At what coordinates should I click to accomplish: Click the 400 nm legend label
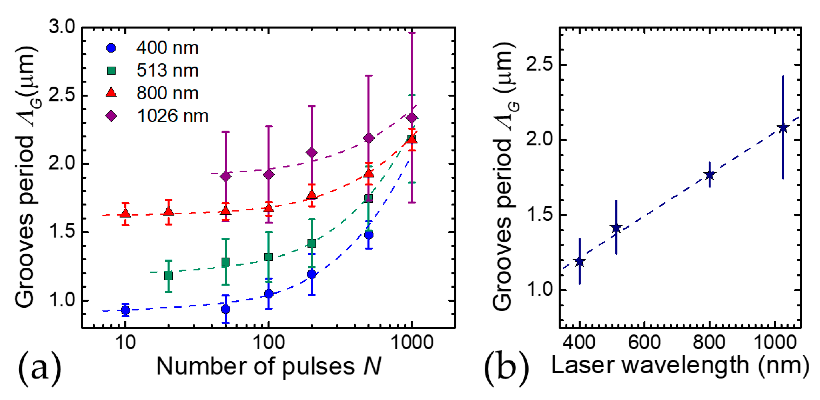[x=167, y=48]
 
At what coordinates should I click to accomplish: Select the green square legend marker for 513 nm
[x=111, y=70]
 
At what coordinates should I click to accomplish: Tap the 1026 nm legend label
[x=172, y=116]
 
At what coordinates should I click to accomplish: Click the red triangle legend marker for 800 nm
[x=111, y=93]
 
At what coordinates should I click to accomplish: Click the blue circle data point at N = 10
[x=125, y=310]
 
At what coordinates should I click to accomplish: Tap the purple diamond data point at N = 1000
[x=412, y=118]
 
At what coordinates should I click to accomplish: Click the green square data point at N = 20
[x=169, y=276]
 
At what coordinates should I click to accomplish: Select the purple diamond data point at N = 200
[x=312, y=153]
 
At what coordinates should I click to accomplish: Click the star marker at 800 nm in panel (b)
[x=710, y=175]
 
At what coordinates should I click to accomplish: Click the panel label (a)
[x=39, y=369]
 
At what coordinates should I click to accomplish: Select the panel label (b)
[x=506, y=369]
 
